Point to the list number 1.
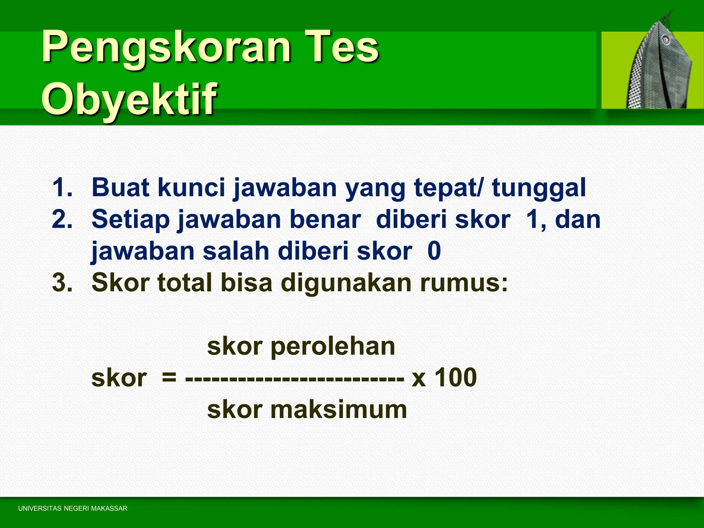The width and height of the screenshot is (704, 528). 62,188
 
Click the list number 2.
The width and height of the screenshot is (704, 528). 62,219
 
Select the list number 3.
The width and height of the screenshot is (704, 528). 62,283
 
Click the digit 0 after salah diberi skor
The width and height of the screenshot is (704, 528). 434,251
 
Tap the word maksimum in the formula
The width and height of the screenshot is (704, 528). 338,410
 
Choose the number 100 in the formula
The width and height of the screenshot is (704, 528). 455,377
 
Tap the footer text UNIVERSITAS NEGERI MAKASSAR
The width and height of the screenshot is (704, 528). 73,508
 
